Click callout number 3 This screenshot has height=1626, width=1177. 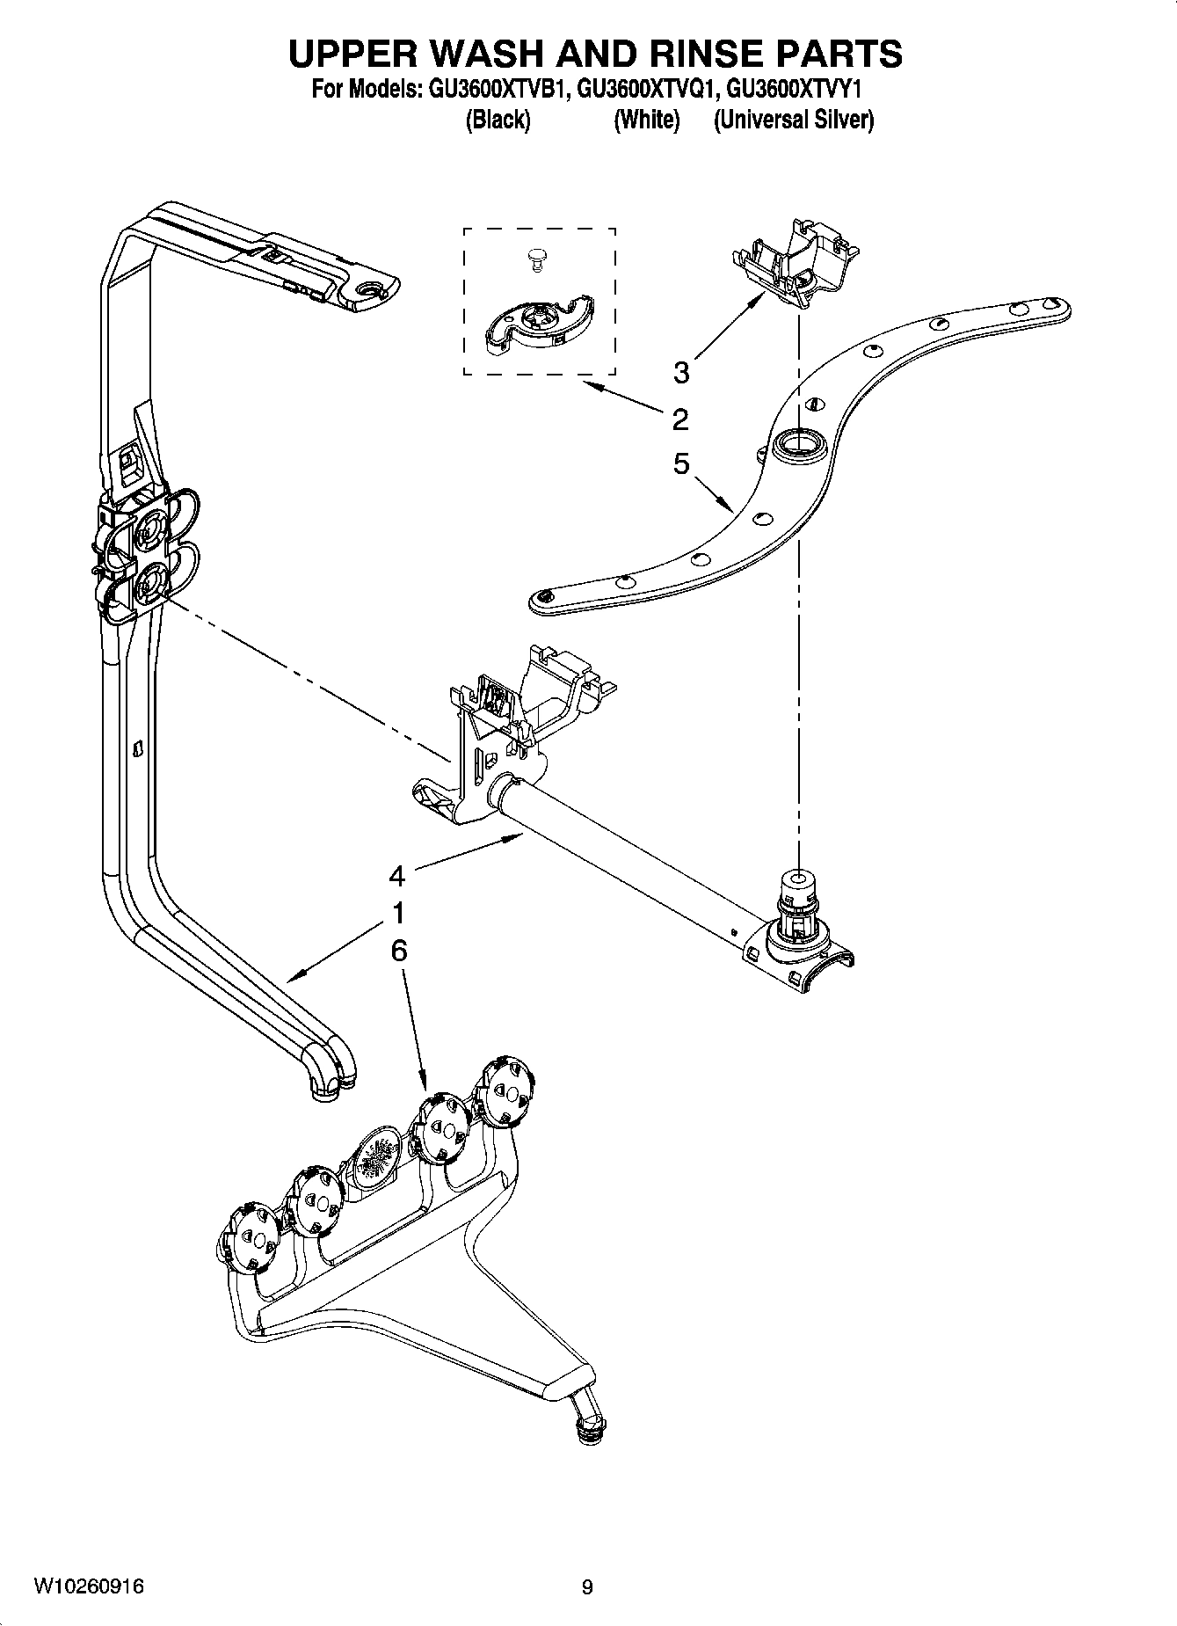coord(681,373)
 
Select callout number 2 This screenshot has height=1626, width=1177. coord(680,419)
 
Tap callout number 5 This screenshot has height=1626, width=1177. coord(681,463)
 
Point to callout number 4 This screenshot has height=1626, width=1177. coord(397,876)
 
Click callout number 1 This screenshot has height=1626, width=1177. coord(398,914)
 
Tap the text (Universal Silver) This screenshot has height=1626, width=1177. coord(794,120)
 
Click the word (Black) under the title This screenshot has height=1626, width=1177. coord(498,120)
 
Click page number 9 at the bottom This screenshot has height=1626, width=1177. coord(587,1587)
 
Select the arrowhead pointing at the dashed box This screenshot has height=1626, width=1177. coord(590,385)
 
